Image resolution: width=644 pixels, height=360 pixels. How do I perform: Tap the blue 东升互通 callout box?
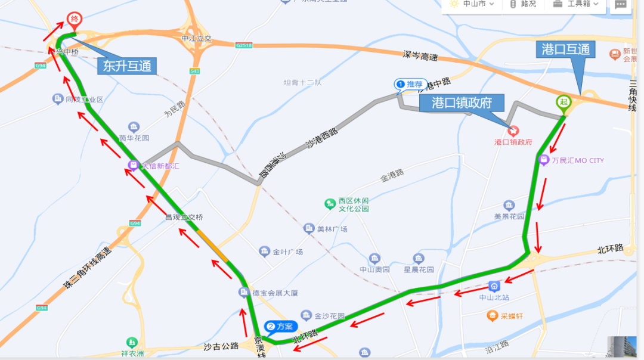tap(127, 66)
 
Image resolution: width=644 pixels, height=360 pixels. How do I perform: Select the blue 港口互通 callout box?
tap(565, 49)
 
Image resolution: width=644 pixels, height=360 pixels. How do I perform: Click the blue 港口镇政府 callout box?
tap(462, 103)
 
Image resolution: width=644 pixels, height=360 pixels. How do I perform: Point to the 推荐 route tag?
tap(411, 85)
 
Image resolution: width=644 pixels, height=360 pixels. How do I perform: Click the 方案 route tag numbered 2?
tap(281, 327)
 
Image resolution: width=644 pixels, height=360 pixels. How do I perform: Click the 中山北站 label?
tap(494, 297)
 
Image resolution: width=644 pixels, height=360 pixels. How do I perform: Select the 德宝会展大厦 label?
tap(275, 293)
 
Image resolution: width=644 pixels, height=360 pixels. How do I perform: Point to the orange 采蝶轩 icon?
tap(492, 315)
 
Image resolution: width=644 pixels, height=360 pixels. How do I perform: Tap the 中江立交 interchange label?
tap(197, 39)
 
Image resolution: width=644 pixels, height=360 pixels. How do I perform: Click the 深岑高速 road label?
tap(420, 57)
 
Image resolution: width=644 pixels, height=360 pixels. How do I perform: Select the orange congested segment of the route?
tap(213, 245)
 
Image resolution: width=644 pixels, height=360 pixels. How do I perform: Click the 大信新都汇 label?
tap(159, 166)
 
